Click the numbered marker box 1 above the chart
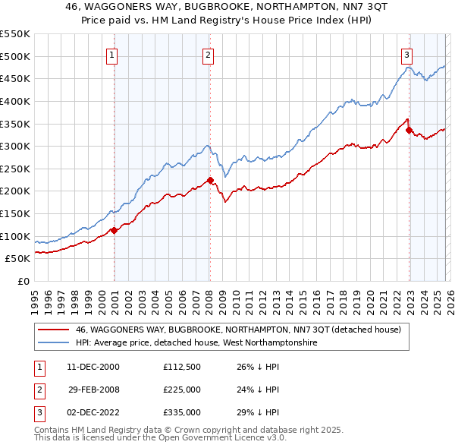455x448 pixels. [111, 54]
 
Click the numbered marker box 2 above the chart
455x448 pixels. [208, 54]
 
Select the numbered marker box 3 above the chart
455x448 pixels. [407, 54]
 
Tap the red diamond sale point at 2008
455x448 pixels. [210, 180]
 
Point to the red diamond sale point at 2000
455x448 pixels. [114, 230]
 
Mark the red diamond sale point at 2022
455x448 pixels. [409, 130]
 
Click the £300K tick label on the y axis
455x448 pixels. [14, 146]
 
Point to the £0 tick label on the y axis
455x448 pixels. [24, 281]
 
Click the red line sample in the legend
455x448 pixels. [52, 330]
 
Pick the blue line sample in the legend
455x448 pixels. [52, 343]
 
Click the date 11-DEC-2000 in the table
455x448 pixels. [93, 367]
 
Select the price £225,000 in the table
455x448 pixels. [181, 390]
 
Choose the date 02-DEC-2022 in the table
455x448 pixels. [93, 412]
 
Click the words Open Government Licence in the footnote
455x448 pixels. [206, 438]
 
